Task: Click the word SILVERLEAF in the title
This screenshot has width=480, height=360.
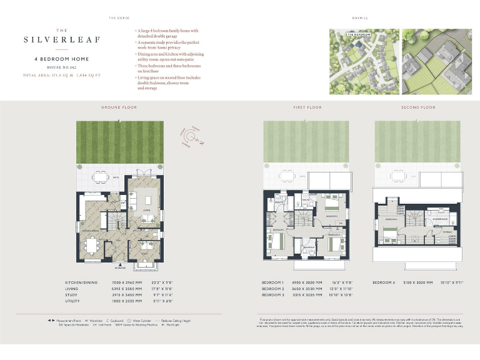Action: tap(62, 39)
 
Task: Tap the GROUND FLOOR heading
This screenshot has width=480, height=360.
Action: tap(119, 107)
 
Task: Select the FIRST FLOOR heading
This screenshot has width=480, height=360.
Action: tap(307, 107)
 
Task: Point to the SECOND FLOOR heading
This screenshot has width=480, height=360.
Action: tap(418, 107)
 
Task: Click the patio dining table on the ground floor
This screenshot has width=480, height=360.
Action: tap(100, 177)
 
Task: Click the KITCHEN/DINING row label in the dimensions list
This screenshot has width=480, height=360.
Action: tap(81, 282)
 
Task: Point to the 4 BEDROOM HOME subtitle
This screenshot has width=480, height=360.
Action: tap(61, 59)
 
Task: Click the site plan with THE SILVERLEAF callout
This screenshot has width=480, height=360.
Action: tap(364, 61)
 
